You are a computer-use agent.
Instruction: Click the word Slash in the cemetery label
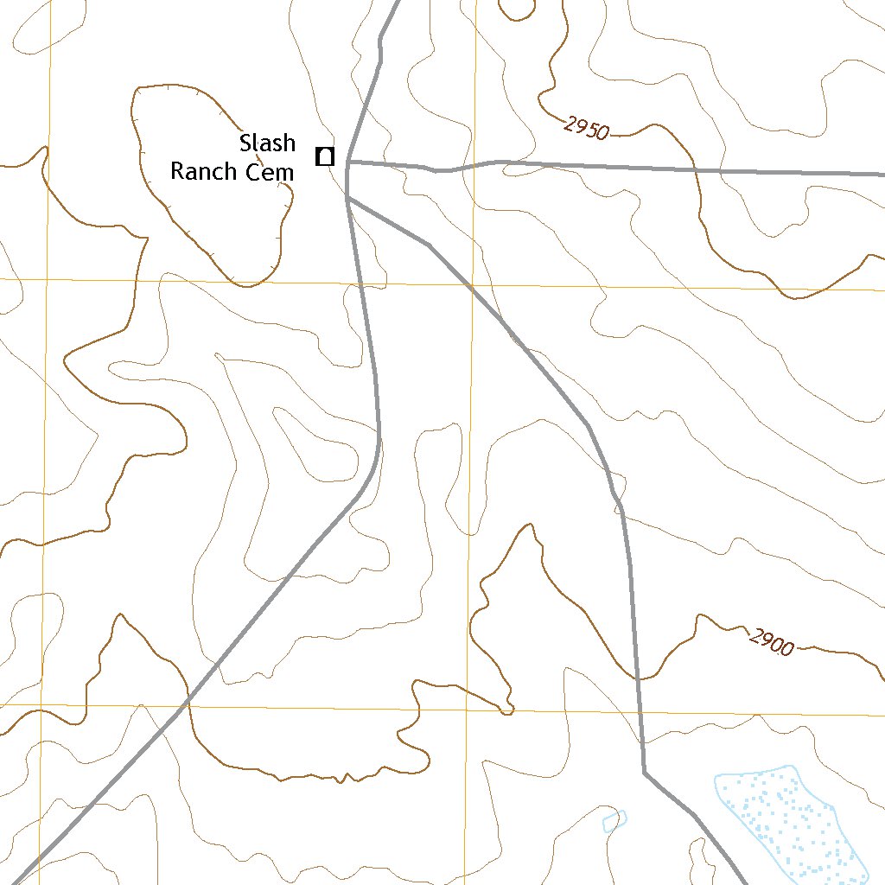(267, 143)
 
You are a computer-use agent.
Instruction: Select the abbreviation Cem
(269, 172)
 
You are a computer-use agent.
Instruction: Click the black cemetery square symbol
(325, 156)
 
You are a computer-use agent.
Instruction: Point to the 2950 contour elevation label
(587, 128)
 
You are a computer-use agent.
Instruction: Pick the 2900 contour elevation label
(771, 642)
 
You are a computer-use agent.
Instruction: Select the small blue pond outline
(614, 820)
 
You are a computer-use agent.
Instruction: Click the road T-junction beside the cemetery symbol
(347, 162)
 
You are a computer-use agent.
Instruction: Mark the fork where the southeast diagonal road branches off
(347, 199)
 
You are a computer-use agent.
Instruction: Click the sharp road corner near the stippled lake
(645, 772)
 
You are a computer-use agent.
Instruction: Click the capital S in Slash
(245, 143)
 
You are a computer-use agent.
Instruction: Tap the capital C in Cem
(251, 172)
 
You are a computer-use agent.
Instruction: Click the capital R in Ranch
(176, 171)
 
